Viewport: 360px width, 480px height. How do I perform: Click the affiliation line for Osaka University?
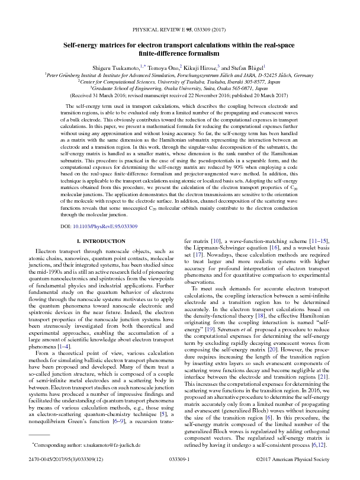(179, 88)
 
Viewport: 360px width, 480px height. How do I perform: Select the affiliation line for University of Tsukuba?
(179, 82)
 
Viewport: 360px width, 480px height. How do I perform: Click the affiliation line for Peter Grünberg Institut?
(179, 75)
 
